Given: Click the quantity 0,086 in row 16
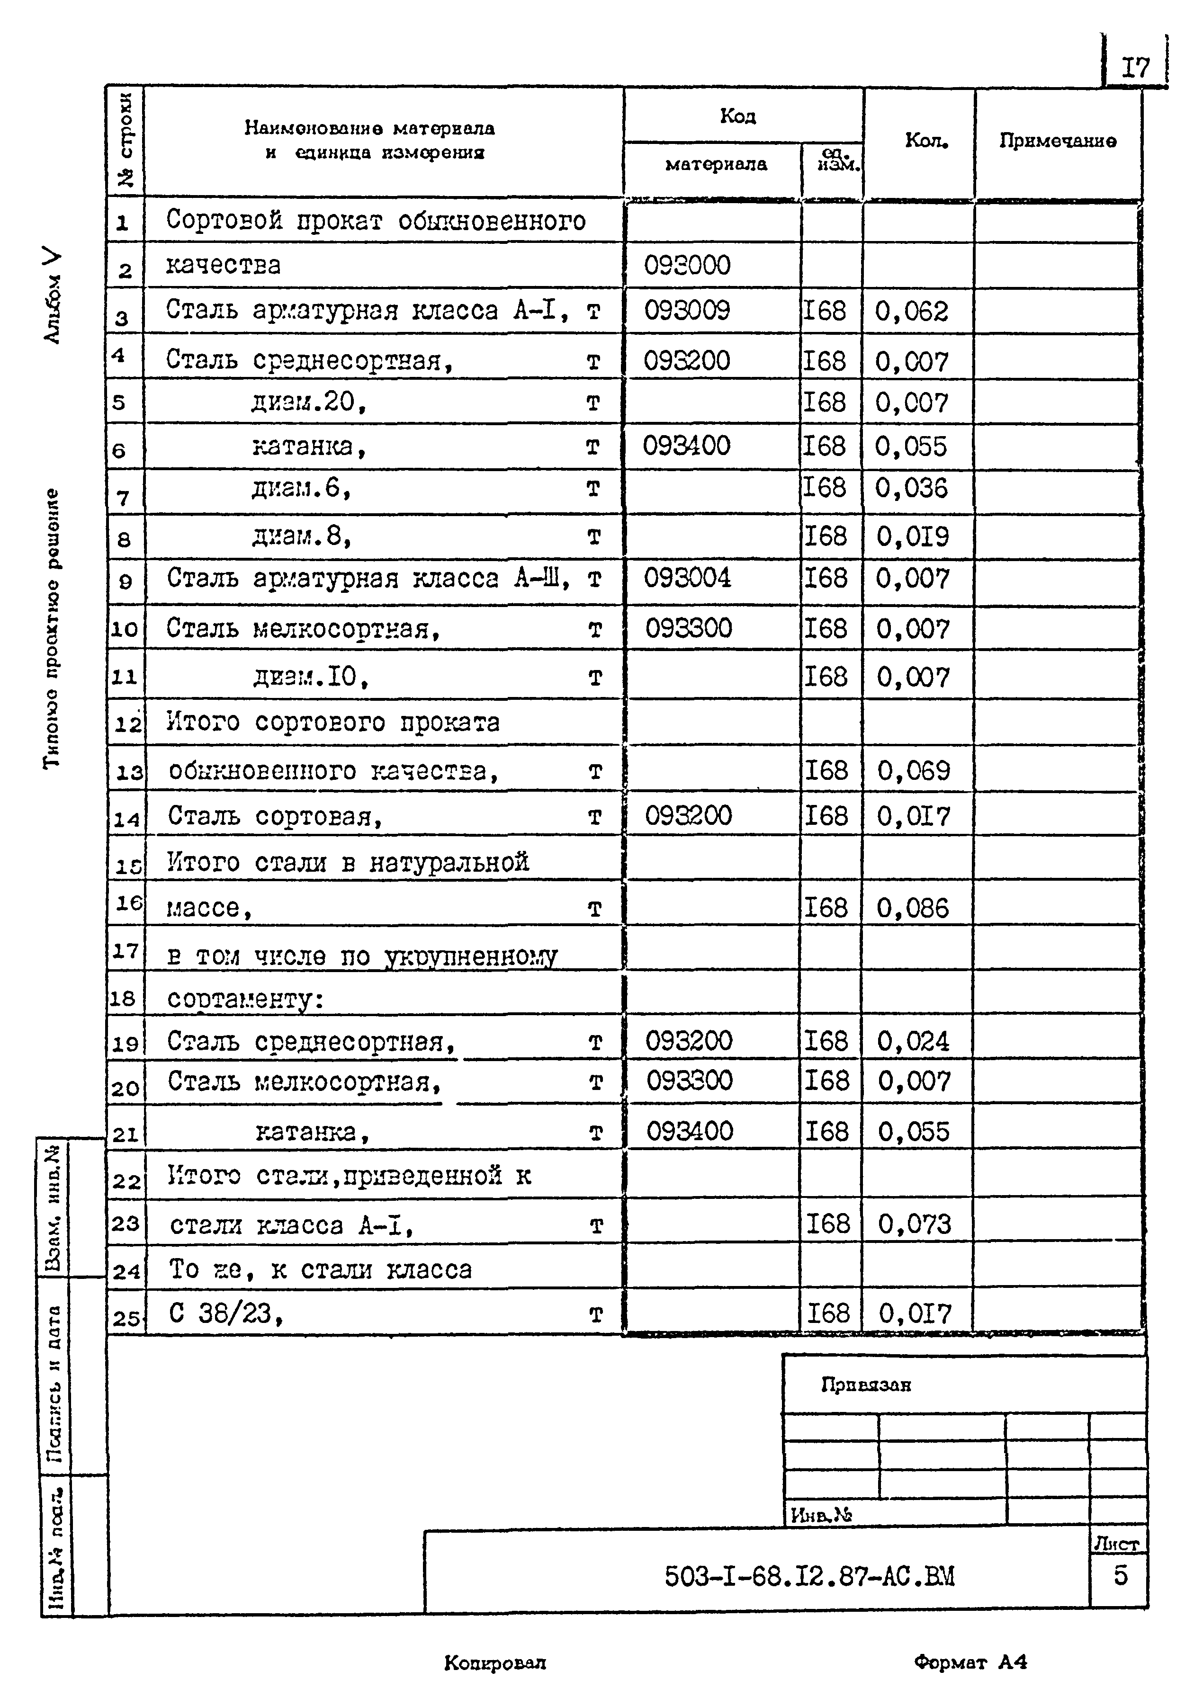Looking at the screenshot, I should pyautogui.click(x=913, y=908).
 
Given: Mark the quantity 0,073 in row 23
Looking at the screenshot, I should pyautogui.click(x=914, y=1224).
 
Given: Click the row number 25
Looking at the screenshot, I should pyautogui.click(x=126, y=1318).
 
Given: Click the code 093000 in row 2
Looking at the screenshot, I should pyautogui.click(x=687, y=265).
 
